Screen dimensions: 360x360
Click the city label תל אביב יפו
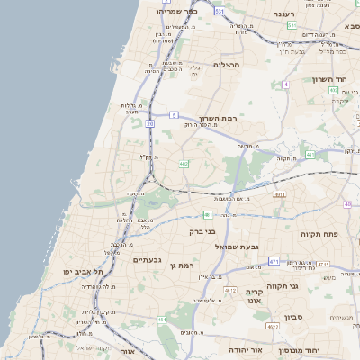pos(84,270)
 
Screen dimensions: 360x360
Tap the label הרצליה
pos(229,65)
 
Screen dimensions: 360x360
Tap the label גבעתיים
pos(147,259)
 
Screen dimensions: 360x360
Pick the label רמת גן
pos(182,265)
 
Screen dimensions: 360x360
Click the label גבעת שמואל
pos(237,246)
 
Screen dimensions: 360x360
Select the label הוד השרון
pos(329,79)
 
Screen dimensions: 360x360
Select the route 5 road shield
pos(173,115)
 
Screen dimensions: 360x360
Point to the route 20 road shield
pos(149,122)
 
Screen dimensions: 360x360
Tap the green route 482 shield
pos(184,164)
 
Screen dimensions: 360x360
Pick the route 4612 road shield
pos(229,290)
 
